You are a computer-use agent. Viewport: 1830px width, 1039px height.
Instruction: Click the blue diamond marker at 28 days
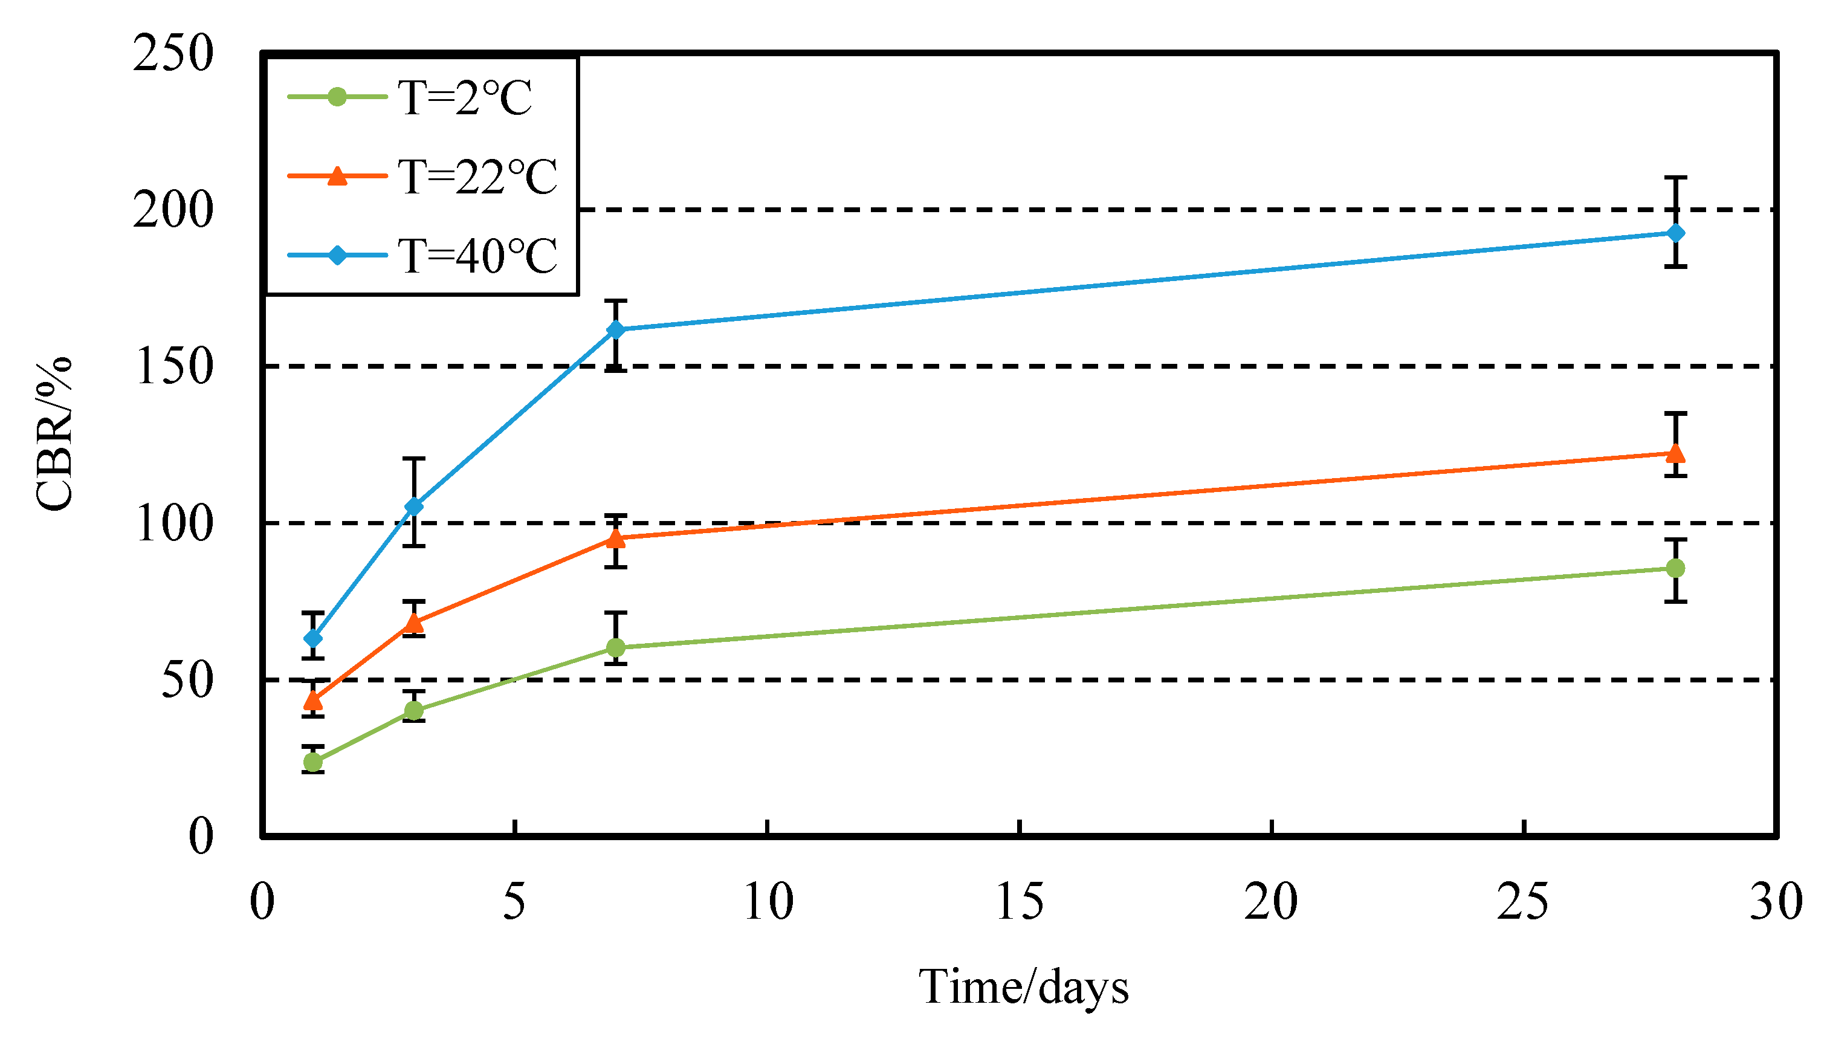1675,233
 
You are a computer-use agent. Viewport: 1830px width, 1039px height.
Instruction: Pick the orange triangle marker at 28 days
1675,453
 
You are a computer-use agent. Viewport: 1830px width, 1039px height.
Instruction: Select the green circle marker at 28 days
1675,568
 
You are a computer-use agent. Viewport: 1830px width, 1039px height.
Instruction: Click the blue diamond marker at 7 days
616,329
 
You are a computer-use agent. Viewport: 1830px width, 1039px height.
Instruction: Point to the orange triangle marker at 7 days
616,538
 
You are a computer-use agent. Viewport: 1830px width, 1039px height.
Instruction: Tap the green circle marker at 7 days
616,647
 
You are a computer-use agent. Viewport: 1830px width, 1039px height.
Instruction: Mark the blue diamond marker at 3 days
414,507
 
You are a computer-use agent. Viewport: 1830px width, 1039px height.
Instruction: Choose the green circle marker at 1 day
312,762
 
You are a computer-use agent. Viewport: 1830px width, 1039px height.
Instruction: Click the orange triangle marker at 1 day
312,700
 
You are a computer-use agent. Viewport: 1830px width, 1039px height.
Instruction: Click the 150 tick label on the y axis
173,367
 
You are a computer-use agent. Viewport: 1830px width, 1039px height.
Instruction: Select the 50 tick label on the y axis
187,680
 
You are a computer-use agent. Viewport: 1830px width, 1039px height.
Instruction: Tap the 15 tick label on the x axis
1019,902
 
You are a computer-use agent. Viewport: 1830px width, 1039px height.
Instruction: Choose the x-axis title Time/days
1023,988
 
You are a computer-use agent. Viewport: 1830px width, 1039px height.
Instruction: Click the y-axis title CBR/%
54,433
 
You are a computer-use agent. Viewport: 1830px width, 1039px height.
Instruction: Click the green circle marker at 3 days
414,710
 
